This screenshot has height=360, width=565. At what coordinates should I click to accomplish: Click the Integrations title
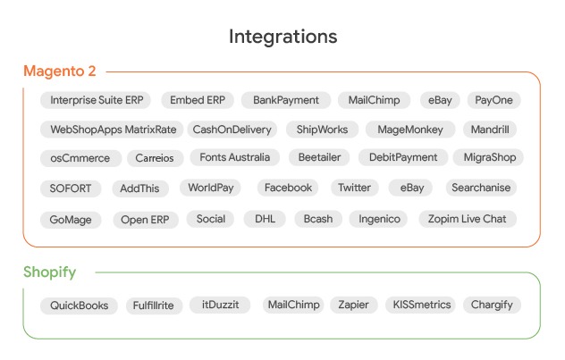[x=282, y=37]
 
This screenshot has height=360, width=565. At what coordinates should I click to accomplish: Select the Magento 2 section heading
[x=60, y=71]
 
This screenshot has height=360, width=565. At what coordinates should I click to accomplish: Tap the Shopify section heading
[x=50, y=272]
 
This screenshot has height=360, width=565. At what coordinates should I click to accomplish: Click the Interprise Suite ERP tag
[x=96, y=101]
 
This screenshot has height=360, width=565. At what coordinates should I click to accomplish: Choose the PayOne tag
[x=493, y=101]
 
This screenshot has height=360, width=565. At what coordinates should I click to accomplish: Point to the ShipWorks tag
[x=321, y=130]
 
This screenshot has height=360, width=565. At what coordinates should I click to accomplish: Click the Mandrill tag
[x=490, y=130]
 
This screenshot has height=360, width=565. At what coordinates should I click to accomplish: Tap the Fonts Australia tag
[x=234, y=157]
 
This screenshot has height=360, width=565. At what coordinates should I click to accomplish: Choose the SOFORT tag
[x=71, y=188]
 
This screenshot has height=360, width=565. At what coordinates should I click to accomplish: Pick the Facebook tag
[x=288, y=188]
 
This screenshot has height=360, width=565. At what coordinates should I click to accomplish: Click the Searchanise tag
[x=481, y=188]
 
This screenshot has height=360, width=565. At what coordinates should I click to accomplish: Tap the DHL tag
[x=265, y=219]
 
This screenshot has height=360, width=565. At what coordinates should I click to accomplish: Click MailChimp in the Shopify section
[x=292, y=305]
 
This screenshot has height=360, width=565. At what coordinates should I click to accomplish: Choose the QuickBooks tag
[x=79, y=306]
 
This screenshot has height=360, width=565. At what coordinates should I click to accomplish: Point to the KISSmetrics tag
[x=422, y=305]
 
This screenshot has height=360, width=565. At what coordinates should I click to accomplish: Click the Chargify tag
[x=492, y=305]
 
